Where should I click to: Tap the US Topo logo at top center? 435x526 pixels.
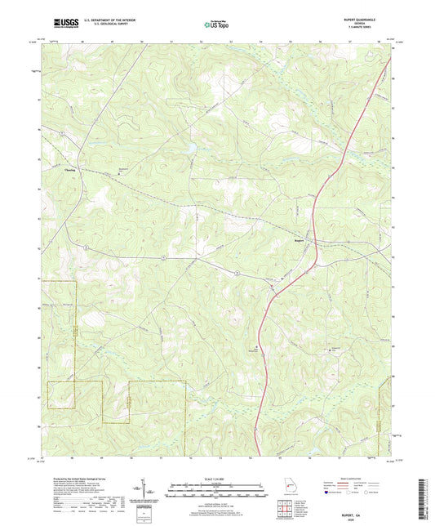click(216, 25)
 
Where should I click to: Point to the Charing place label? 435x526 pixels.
click(70, 170)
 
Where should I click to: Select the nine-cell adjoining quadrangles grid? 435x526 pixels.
click(284, 510)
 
